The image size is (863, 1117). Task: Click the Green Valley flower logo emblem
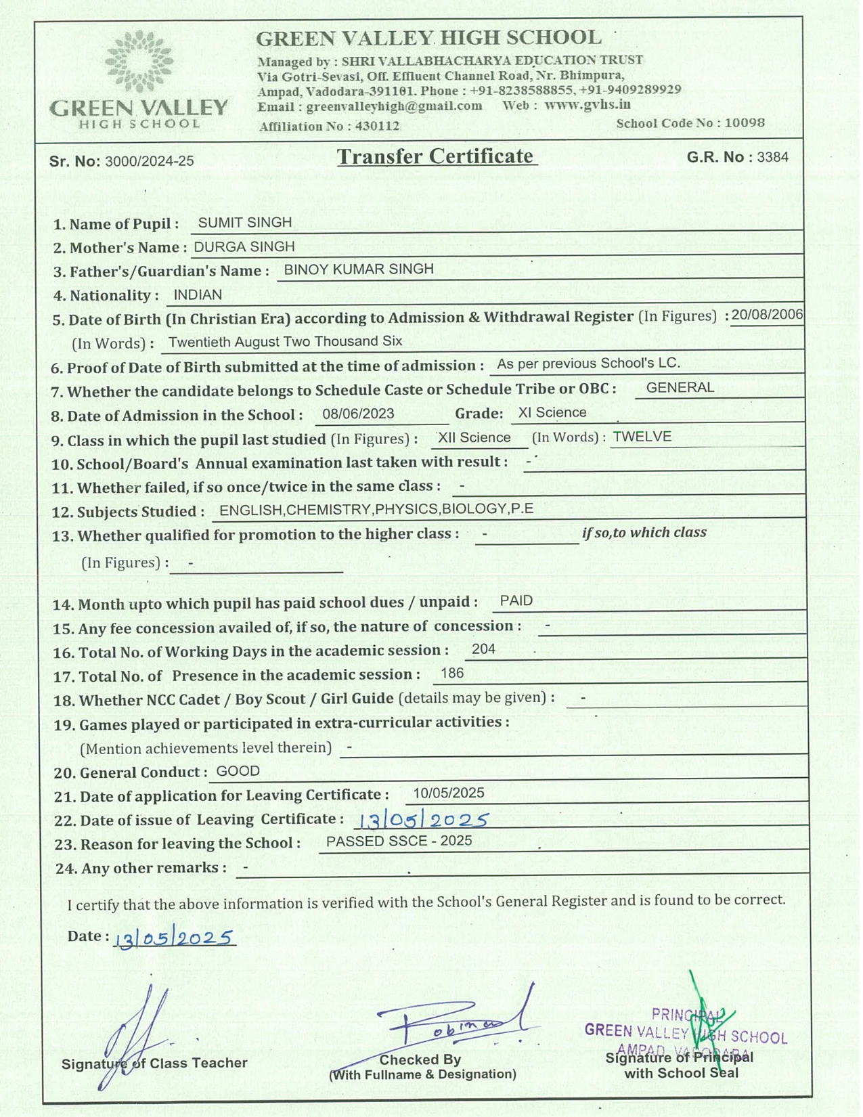pos(139,61)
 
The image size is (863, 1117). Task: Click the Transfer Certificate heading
pos(437,156)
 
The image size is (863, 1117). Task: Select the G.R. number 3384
pos(772,157)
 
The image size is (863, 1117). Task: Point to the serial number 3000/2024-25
pos(149,161)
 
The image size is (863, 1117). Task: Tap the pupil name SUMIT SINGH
pos(244,223)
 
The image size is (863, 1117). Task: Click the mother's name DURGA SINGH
pos(244,247)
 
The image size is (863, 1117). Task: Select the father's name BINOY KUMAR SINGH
pos(358,269)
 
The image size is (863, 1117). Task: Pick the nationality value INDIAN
pos(198,295)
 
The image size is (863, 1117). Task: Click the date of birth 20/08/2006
pos(767,315)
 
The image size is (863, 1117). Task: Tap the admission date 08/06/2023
pos(358,414)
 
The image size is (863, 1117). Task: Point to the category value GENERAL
pos(680,388)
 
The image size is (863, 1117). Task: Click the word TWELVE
pos(642,437)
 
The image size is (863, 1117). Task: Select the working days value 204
pos(483,649)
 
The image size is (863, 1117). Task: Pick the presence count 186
pos(451,674)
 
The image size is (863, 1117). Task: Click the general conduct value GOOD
pos(238,772)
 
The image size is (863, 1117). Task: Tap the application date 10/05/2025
pos(448,793)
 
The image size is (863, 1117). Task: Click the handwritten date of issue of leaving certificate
pos(422,820)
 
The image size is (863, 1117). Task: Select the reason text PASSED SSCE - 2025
pos(399,841)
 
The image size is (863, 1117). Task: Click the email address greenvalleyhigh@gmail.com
pos(394,106)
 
